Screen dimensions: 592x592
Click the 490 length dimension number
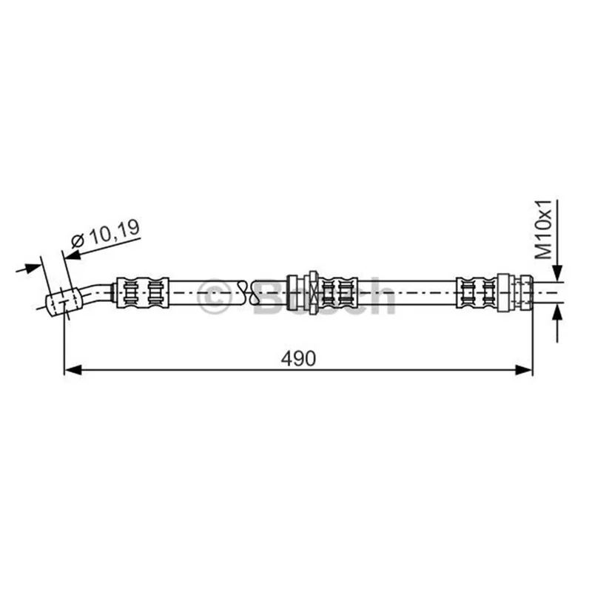point(298,358)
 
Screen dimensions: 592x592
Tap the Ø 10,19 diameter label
point(105,234)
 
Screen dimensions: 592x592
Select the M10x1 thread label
point(544,229)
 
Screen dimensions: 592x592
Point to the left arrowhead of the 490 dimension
point(73,370)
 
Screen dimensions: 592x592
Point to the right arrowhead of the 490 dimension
point(524,370)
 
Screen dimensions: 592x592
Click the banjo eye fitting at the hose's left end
point(64,302)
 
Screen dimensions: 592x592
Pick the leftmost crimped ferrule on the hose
point(142,292)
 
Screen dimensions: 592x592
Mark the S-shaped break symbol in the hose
point(249,292)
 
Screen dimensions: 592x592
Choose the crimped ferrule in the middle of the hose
point(339,292)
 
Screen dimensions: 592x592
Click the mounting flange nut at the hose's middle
point(313,292)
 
